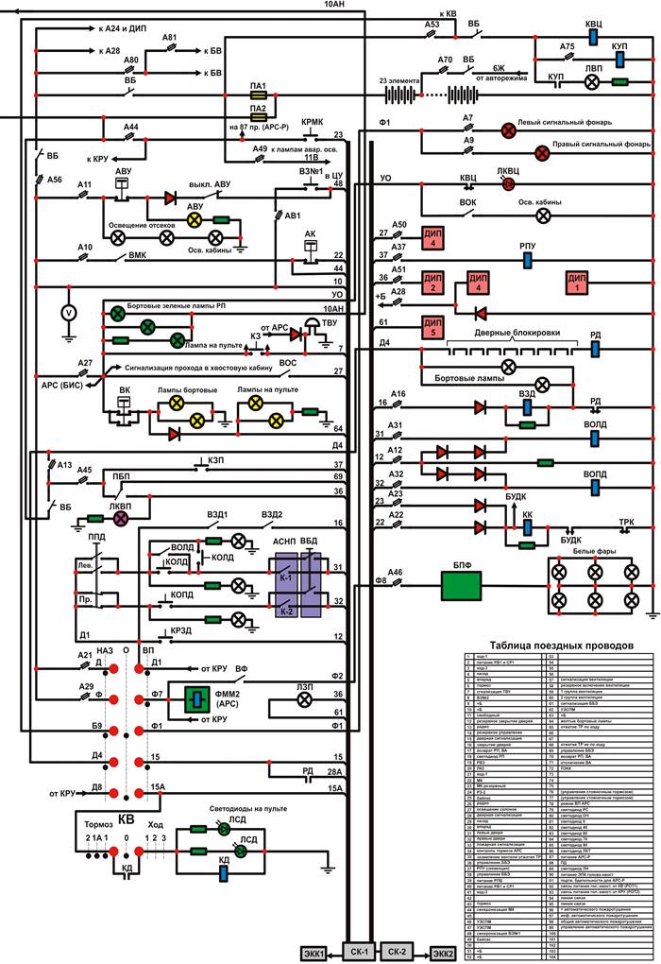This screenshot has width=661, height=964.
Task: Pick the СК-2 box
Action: tap(398, 950)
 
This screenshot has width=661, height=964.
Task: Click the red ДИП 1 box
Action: tap(576, 283)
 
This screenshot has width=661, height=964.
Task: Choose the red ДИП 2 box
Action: tap(433, 283)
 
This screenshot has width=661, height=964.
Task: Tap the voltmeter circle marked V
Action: tap(67, 311)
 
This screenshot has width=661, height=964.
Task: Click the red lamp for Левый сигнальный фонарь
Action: tap(506, 129)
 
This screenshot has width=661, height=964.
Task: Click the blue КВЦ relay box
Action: tap(594, 36)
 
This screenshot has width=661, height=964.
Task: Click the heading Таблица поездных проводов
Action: tap(559, 646)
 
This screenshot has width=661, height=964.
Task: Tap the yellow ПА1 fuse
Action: tap(259, 96)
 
